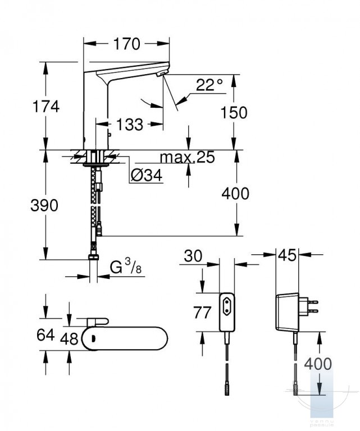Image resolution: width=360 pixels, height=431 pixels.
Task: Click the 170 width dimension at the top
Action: (x=126, y=44)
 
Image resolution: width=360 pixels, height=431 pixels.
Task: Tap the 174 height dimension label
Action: (x=46, y=107)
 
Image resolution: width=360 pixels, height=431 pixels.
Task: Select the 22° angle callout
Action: (x=209, y=85)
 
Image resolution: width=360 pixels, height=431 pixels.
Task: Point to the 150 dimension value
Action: (x=234, y=112)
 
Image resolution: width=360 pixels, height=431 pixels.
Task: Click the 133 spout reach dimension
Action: (x=130, y=124)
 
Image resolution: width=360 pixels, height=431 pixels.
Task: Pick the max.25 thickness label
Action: (x=187, y=157)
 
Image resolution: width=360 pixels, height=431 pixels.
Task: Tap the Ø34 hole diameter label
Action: (x=147, y=175)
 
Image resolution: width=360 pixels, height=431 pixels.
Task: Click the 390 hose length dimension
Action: (x=44, y=205)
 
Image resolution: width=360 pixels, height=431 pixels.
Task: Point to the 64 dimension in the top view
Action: (x=45, y=334)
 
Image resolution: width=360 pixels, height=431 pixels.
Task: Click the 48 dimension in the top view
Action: (x=69, y=338)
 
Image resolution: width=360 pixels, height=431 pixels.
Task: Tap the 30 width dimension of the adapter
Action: (x=193, y=256)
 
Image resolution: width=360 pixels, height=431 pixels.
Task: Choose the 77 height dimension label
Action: (x=202, y=312)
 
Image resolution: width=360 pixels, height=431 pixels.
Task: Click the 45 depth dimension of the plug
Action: (x=287, y=255)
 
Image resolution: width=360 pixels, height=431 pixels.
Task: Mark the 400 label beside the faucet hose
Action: (x=235, y=193)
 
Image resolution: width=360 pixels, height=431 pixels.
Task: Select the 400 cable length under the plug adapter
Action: (x=318, y=364)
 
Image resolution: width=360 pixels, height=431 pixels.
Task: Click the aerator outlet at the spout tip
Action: (x=161, y=73)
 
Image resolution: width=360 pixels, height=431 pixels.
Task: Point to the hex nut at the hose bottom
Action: (x=93, y=257)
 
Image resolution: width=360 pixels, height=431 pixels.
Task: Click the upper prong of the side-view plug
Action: (x=313, y=302)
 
